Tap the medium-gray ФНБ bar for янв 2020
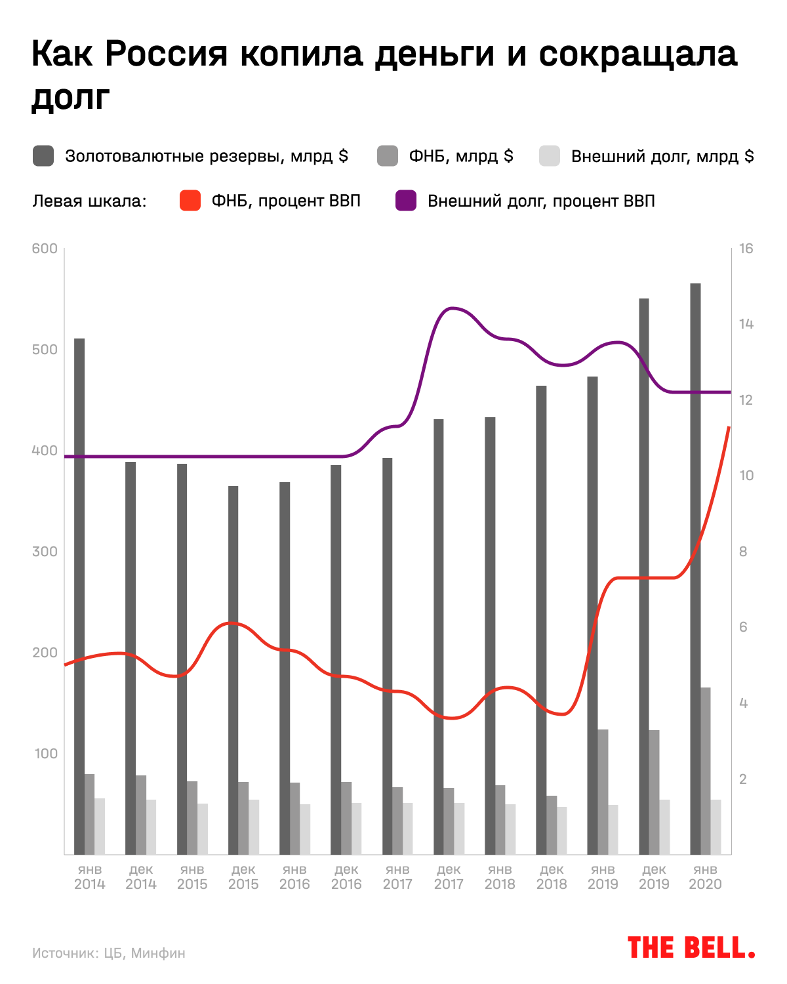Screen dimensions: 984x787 pyautogui.click(x=706, y=771)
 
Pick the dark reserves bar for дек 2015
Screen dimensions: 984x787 pyautogui.click(x=233, y=670)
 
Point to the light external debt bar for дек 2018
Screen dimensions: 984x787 pyautogui.click(x=562, y=830)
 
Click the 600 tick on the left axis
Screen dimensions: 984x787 pyautogui.click(x=45, y=249)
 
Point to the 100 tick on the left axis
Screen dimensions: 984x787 pyautogui.click(x=45, y=754)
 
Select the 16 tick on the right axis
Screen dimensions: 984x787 pyautogui.click(x=746, y=249)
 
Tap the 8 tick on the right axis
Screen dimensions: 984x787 pyautogui.click(x=743, y=552)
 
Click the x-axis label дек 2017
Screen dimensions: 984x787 pyautogui.click(x=449, y=877)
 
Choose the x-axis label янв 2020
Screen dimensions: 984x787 pyautogui.click(x=705, y=877)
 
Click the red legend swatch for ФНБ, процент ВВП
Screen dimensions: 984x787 pyautogui.click(x=190, y=201)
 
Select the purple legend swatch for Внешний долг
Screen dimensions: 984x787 pyautogui.click(x=406, y=201)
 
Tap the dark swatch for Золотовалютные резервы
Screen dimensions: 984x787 pyautogui.click(x=43, y=156)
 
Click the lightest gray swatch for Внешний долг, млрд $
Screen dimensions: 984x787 pyautogui.click(x=550, y=156)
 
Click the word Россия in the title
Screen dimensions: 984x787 pyautogui.click(x=165, y=54)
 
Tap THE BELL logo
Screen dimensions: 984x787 pyautogui.click(x=691, y=948)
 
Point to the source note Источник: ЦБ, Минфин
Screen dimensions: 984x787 pyautogui.click(x=109, y=953)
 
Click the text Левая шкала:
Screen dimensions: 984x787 pyautogui.click(x=89, y=201)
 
